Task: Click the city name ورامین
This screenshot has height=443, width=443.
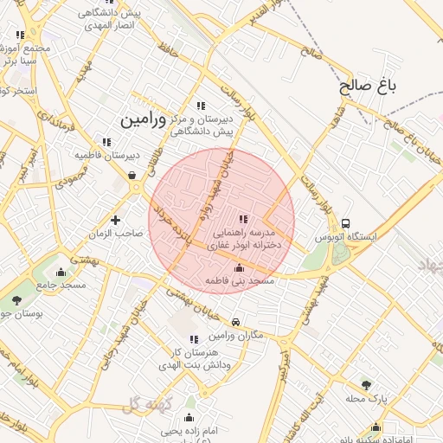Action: pyautogui.click(x=138, y=115)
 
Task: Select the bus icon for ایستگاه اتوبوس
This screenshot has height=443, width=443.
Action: pyautogui.click(x=347, y=223)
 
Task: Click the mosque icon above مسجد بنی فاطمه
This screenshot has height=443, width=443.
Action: pyautogui.click(x=240, y=268)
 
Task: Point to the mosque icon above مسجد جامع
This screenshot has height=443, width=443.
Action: pyautogui.click(x=60, y=273)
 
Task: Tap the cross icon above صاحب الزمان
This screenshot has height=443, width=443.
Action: pyautogui.click(x=115, y=220)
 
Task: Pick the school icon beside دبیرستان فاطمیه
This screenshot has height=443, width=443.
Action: pyautogui.click(x=107, y=142)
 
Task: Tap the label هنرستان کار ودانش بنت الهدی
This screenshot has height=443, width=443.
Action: pyautogui.click(x=192, y=360)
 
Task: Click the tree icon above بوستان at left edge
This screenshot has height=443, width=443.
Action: pyautogui.click(x=16, y=300)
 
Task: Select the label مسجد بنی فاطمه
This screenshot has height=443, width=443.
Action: pyautogui.click(x=240, y=282)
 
